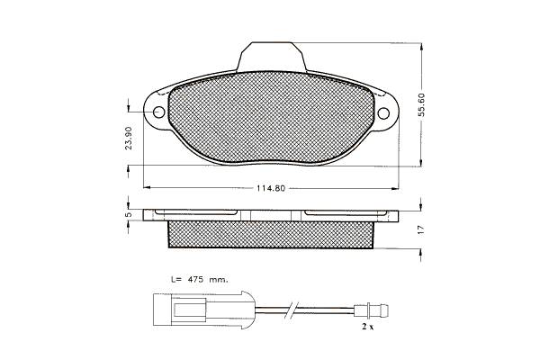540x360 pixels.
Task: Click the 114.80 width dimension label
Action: point(271,188)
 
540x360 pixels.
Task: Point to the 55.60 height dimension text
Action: point(421,104)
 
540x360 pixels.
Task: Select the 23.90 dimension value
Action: point(129,138)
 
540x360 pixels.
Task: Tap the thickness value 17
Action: point(420,230)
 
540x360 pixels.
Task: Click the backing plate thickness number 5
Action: point(128,214)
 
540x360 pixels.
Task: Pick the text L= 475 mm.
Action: point(200,279)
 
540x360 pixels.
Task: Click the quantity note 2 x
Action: point(367,327)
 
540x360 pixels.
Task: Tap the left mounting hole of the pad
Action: point(159,112)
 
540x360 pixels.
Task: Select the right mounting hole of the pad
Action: point(383,113)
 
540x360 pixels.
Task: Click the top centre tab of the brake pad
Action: point(272,57)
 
